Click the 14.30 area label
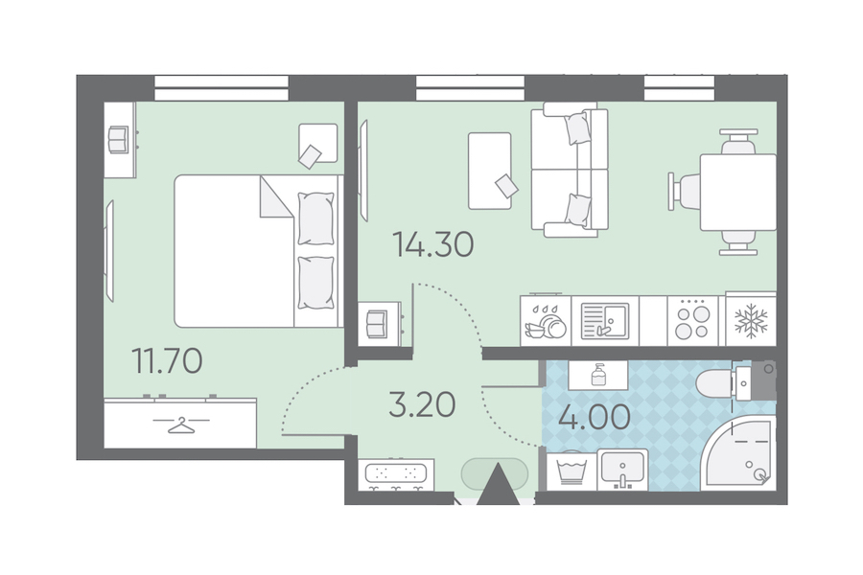433,245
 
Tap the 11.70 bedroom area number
167,361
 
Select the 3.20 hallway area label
422,404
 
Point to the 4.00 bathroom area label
595,417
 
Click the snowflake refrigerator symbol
751,320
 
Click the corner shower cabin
739,452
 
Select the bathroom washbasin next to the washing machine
623,470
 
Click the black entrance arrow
498,484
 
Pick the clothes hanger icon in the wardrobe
181,425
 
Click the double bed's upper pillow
315,218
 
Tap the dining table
737,192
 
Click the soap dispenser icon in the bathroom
598,376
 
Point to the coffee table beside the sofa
490,172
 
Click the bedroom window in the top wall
222,88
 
